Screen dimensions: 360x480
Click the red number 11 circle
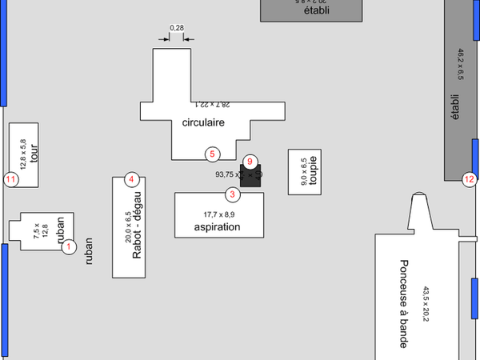tap(10, 179)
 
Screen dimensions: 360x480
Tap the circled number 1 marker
tap(69, 246)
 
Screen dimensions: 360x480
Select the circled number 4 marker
tap(132, 179)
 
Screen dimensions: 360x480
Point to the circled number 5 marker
tap(212, 153)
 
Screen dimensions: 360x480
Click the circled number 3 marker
tap(232, 194)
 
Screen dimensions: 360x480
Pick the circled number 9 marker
tap(250, 162)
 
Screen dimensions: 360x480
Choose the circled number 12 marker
tap(469, 179)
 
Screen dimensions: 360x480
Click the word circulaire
tap(203, 122)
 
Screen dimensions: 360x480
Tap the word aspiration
tap(217, 227)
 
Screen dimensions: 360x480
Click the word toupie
tap(314, 169)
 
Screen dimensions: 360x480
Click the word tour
tap(34, 153)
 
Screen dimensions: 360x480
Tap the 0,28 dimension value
tap(178, 29)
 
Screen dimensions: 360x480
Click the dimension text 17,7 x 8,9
tap(218, 214)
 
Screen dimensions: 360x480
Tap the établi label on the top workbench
tap(317, 11)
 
